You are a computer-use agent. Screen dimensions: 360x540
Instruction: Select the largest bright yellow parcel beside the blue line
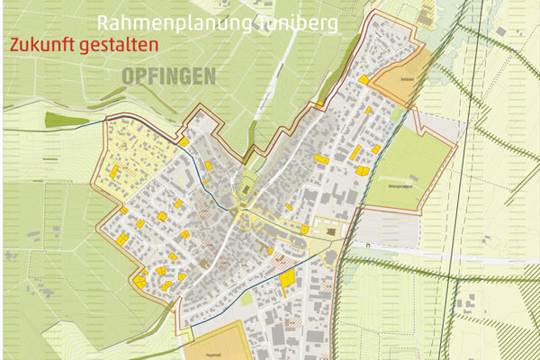pos(286,278)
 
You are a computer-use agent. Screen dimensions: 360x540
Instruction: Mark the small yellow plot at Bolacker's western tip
pos(364,79)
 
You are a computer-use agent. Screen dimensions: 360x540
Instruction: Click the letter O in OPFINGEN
pos(127,76)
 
